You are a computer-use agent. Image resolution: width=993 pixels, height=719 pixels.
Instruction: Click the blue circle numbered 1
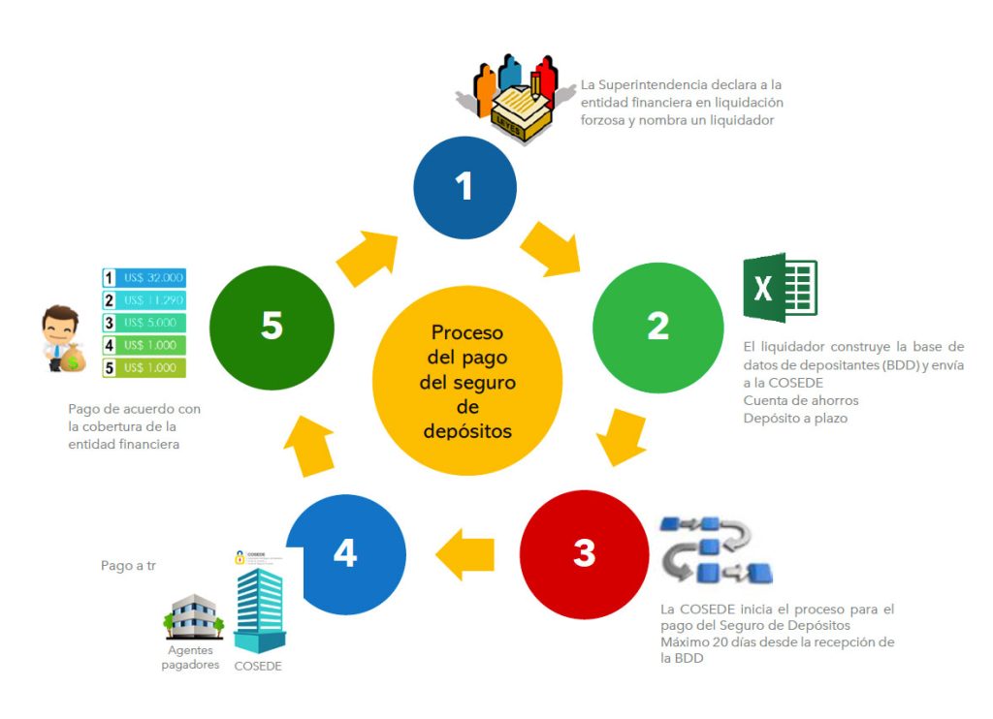click(x=464, y=185)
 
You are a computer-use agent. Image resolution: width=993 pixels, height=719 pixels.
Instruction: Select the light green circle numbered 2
click(x=657, y=326)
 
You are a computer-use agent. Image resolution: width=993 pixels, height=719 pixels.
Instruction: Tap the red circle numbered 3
click(x=584, y=553)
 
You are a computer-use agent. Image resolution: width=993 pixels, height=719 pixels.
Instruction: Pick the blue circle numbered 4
click(x=345, y=553)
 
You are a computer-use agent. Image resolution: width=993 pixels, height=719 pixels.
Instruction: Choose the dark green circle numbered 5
click(x=272, y=326)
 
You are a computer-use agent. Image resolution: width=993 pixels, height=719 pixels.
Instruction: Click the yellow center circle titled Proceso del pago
click(x=466, y=380)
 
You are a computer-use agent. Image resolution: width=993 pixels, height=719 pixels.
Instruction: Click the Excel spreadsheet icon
click(x=780, y=287)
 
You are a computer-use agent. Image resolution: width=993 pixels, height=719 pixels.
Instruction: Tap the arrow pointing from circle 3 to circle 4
click(x=465, y=554)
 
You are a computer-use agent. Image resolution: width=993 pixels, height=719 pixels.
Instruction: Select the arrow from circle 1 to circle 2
click(x=551, y=249)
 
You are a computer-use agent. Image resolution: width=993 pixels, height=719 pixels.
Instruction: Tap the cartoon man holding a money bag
click(x=63, y=340)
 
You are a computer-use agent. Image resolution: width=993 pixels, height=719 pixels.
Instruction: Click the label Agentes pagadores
click(x=190, y=657)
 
